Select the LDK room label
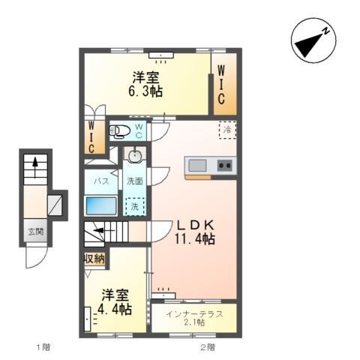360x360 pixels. click(196, 224)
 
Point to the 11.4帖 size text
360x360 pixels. click(196, 239)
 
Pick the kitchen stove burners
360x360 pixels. click(225, 165)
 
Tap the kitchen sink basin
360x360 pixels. click(197, 165)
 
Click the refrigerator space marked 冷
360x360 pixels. click(226, 130)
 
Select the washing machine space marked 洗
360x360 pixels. click(134, 205)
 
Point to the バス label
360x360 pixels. click(100, 181)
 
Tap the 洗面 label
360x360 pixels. click(134, 181)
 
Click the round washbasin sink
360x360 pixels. click(135, 157)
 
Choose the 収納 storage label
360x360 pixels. click(94, 259)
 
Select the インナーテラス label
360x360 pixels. click(194, 313)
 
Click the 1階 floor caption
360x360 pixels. click(42, 348)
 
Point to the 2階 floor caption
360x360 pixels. click(207, 348)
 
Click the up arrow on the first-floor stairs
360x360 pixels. click(34, 166)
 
